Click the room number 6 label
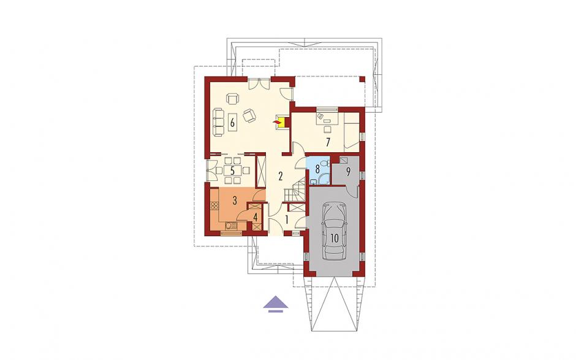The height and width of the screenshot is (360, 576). [x=232, y=122]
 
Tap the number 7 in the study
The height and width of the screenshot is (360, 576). [x=328, y=142]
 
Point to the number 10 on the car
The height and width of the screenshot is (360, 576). [x=334, y=238]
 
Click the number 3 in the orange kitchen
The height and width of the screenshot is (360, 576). [x=234, y=201]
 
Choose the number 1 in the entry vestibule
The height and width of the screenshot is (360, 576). [x=287, y=220]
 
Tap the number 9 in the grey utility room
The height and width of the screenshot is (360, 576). [x=348, y=171]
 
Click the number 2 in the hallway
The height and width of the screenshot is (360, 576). [x=280, y=176]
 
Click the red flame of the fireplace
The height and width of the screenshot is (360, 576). [x=276, y=121]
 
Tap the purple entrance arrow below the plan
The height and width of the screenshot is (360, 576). [x=276, y=304]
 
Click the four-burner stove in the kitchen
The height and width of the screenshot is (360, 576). [x=213, y=205]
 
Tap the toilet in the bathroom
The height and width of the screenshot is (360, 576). [x=324, y=163]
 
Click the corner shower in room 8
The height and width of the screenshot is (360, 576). [x=324, y=179]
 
